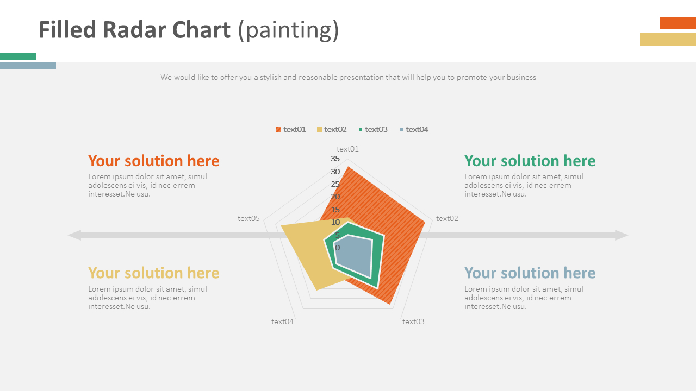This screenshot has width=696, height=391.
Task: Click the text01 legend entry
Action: [291, 129]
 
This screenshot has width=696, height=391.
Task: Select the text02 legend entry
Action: [332, 129]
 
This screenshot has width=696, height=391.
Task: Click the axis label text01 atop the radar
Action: [347, 149]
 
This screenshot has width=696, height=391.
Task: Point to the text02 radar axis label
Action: [447, 218]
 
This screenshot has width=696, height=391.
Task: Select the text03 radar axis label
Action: [413, 321]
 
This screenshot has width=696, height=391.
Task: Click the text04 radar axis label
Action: [282, 321]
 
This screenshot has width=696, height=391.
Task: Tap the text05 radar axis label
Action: [248, 218]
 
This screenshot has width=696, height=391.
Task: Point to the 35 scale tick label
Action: [335, 159]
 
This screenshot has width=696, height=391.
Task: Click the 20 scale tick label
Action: [335, 197]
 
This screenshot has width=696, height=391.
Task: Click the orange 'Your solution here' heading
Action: [153, 161]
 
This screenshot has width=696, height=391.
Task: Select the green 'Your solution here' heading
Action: [530, 161]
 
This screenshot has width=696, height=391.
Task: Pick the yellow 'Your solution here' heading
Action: [153, 273]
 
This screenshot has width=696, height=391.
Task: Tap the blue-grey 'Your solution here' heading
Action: [530, 273]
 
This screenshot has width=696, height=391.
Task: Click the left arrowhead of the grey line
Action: [74, 235]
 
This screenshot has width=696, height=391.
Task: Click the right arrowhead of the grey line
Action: [622, 235]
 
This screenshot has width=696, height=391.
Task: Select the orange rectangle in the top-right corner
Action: [678, 23]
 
